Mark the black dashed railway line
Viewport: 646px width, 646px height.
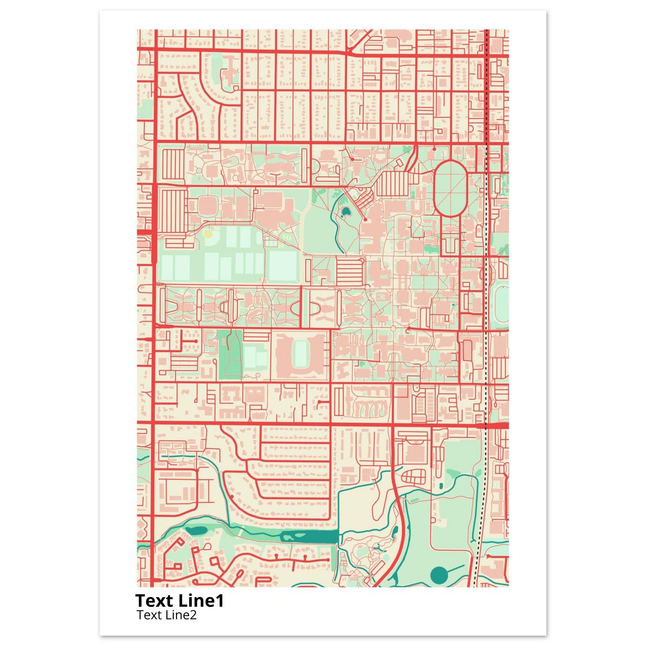[485, 334]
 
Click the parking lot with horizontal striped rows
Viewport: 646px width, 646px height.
[349, 273]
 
